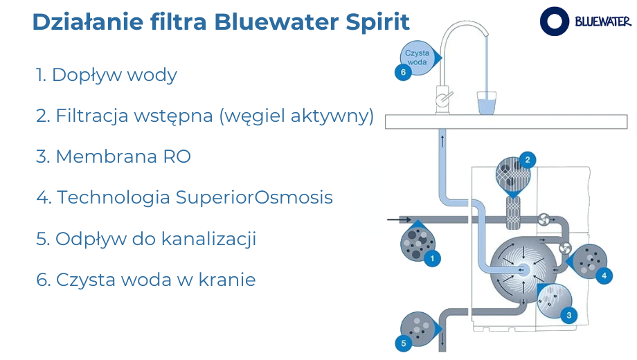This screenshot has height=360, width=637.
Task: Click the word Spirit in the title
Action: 377,22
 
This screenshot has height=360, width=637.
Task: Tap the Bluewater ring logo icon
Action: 554,21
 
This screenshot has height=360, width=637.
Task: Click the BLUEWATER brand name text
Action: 603,21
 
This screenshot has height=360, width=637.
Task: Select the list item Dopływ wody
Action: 107,75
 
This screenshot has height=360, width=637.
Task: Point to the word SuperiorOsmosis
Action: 254,197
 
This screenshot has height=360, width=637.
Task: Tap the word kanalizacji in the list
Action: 208,239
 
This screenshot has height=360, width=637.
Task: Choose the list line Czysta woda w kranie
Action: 146,280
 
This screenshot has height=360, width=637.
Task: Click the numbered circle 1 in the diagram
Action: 432,258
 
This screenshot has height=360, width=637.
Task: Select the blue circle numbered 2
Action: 528,160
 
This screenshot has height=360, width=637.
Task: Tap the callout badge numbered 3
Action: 568,315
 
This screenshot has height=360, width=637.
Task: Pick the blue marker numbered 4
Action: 604,276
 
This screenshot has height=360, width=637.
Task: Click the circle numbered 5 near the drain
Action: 404,343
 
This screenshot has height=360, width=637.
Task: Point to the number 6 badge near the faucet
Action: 403,72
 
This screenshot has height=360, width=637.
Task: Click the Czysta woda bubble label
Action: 418,57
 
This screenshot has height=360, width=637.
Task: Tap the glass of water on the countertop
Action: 486,102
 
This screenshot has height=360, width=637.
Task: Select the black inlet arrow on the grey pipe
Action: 400,220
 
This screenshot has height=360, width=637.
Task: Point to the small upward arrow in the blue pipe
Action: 442,141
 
